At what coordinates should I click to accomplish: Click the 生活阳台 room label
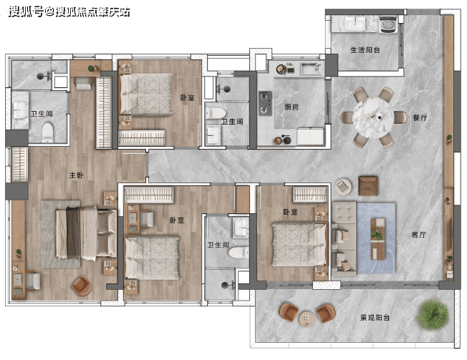tap(365, 50)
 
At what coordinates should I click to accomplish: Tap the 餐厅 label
tap(420, 118)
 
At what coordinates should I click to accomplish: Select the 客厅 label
tap(419, 235)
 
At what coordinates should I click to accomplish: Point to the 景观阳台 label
tap(375, 318)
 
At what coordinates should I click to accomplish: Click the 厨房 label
tap(292, 107)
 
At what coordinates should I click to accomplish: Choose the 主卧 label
tap(77, 175)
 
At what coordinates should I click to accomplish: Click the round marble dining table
tap(373, 118)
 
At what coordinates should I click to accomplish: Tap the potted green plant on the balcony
tap(433, 314)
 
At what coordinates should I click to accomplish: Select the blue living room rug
tap(377, 238)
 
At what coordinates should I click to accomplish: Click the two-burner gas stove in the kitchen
tap(265, 103)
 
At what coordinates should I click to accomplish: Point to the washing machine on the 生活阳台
tap(389, 24)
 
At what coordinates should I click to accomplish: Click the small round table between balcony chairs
tap(307, 318)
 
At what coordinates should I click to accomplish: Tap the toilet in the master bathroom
tap(47, 132)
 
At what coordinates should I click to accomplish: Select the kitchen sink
tap(311, 69)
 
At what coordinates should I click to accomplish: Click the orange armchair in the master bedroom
tap(82, 286)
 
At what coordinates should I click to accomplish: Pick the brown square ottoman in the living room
tap(368, 185)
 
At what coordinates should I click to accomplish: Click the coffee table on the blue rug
tap(377, 239)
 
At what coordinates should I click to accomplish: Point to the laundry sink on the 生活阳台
tap(355, 23)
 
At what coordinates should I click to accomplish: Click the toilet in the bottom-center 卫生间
tap(239, 253)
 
